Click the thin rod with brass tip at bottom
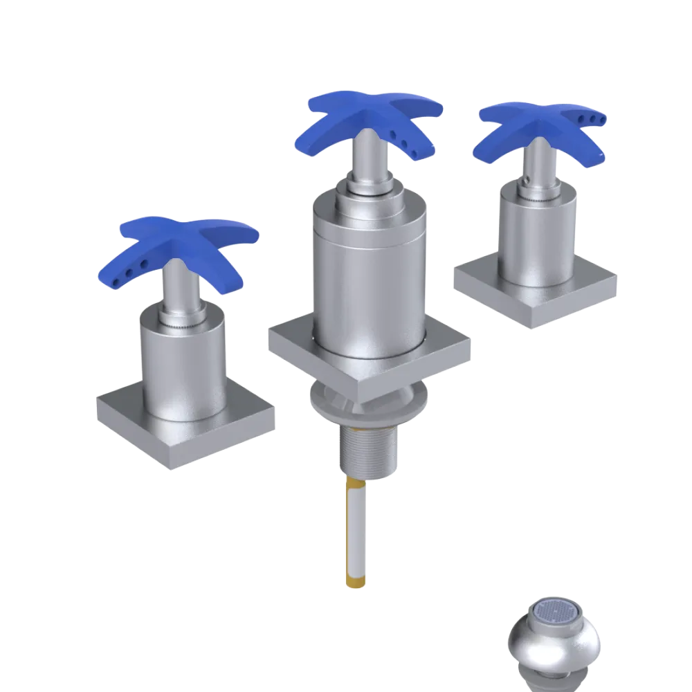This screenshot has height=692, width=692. click(354, 526)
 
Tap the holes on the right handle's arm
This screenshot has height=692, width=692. click(595, 119)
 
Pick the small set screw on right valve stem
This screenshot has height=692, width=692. click(527, 182)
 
